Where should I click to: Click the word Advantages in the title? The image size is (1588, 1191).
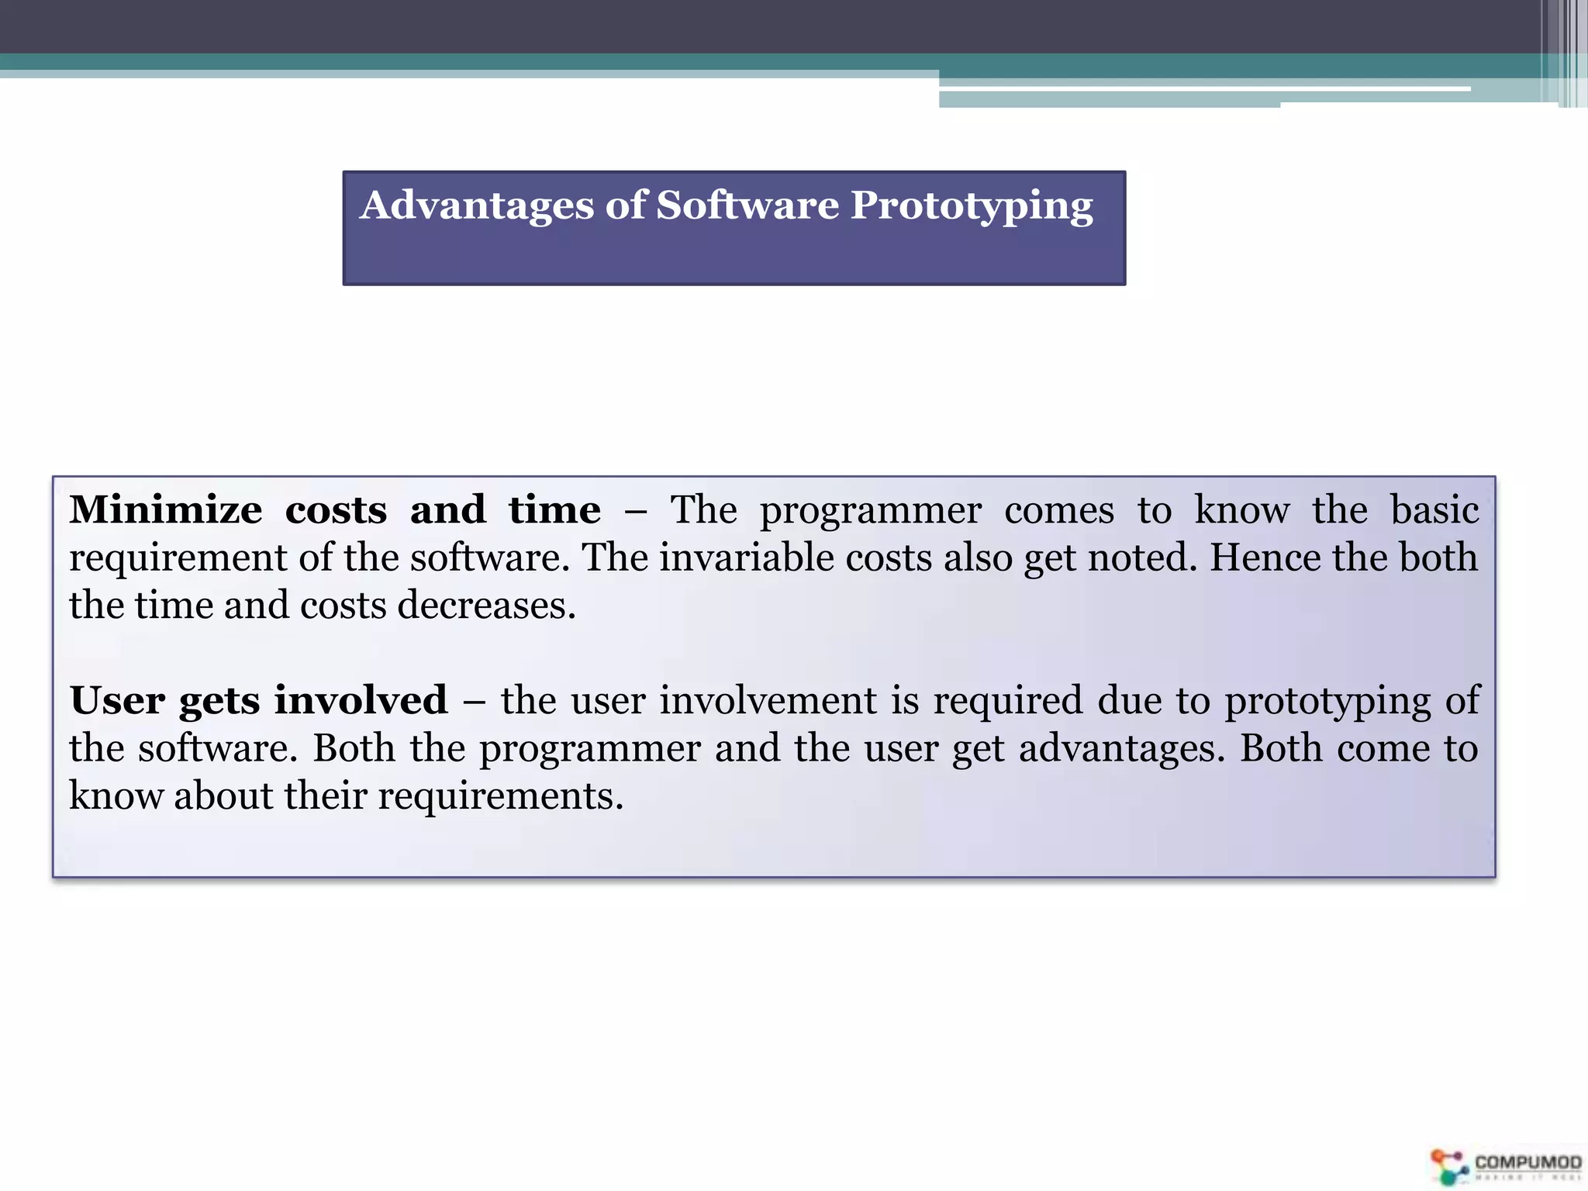click(477, 206)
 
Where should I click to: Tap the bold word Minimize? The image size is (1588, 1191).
click(166, 510)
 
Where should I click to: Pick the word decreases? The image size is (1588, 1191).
click(486, 606)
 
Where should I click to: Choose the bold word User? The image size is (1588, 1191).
click(117, 700)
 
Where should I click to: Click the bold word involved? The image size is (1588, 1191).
click(361, 700)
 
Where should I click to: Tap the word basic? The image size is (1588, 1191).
click(1434, 510)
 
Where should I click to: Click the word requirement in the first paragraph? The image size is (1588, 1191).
click(178, 559)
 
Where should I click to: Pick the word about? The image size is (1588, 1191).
click(223, 796)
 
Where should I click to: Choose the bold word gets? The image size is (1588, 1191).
click(219, 702)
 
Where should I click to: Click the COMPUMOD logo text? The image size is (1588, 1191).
click(1528, 1162)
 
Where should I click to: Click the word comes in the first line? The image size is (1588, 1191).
click(1059, 510)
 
